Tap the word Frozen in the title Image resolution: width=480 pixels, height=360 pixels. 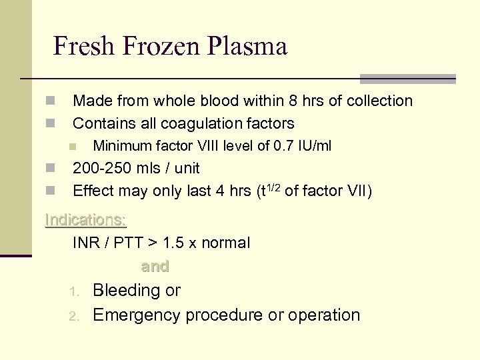160,47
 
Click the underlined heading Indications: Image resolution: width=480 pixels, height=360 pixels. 85,219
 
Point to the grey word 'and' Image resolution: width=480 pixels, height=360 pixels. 155,267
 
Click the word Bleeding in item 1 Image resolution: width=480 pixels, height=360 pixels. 127,291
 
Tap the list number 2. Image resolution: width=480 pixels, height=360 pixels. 75,316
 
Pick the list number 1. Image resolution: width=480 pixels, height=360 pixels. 75,292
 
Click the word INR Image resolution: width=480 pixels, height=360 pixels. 87,243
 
